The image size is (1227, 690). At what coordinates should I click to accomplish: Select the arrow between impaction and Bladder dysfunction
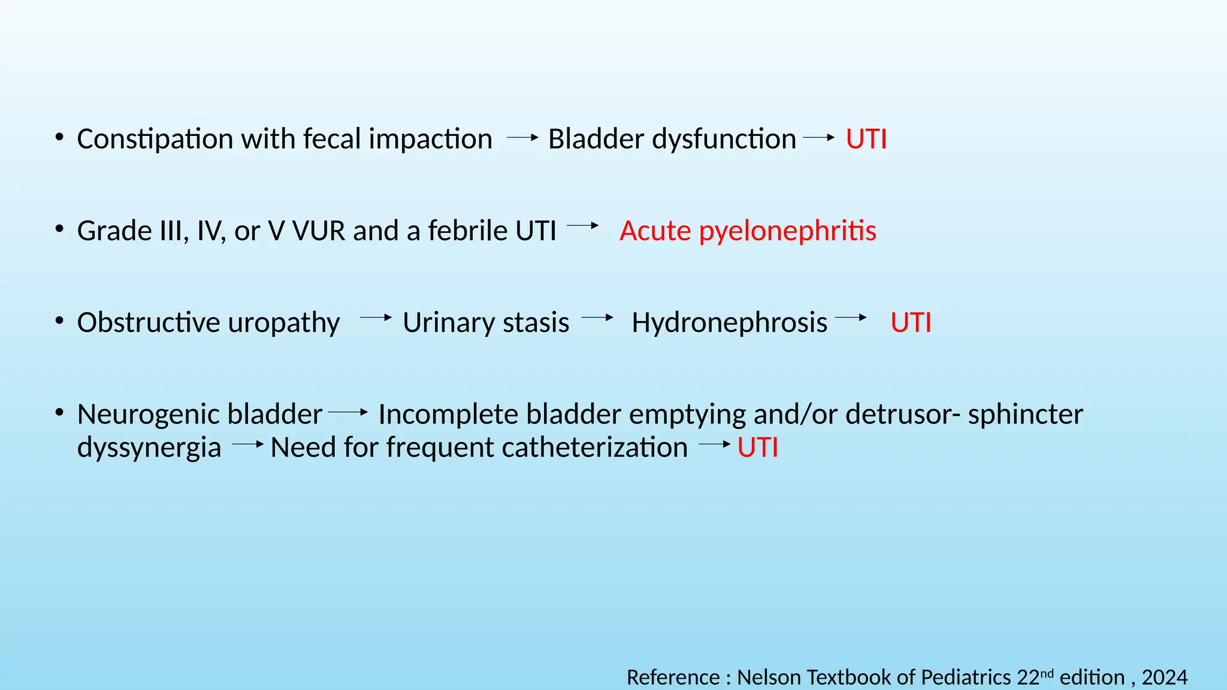tap(522, 138)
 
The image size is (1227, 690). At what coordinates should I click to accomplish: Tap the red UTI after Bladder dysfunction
tap(866, 139)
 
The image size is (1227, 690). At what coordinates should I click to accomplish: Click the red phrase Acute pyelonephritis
tap(748, 231)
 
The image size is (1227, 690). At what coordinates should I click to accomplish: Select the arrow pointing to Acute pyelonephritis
tap(582, 226)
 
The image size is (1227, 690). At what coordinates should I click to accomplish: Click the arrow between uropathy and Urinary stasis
tap(376, 317)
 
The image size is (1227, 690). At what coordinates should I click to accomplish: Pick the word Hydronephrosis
tap(729, 322)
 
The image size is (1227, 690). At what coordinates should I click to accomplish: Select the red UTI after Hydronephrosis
tap(911, 322)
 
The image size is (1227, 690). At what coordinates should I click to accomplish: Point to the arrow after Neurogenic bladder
tap(348, 412)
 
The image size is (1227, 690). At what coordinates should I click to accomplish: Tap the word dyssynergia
tap(149, 448)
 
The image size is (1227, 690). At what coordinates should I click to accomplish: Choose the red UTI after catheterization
tap(757, 448)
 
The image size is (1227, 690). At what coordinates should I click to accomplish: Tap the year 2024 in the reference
tap(1164, 677)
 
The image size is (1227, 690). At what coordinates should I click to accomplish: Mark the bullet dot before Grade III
tap(59, 229)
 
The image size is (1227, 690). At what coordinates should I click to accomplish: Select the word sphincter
tap(1025, 414)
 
